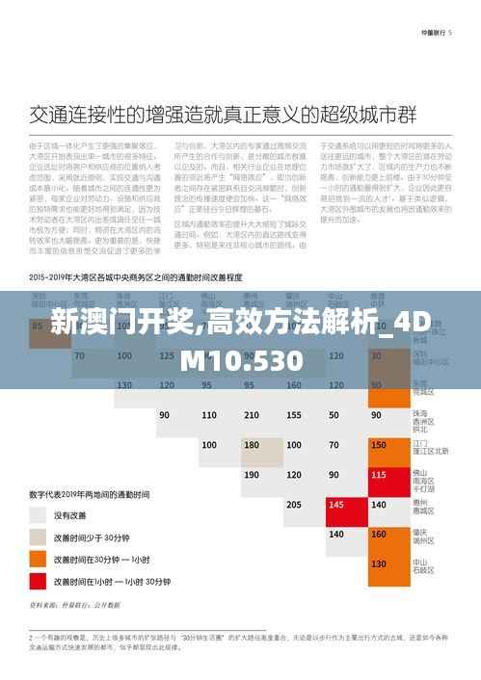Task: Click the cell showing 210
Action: point(252,415)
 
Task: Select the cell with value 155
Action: point(293,415)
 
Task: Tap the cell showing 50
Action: point(334,415)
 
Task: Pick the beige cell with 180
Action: point(252,445)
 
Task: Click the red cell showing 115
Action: point(377,475)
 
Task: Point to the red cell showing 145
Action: point(334,505)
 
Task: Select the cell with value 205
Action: point(293,505)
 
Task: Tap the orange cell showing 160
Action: point(377,535)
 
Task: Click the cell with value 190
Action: point(252,475)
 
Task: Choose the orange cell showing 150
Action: point(377,445)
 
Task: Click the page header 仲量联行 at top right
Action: point(440,33)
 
